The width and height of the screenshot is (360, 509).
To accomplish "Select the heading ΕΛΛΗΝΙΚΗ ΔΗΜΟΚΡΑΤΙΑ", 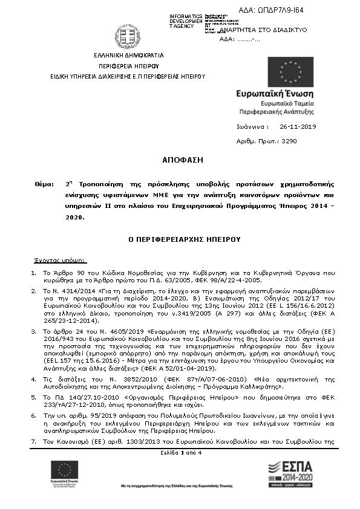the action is (x=128, y=55).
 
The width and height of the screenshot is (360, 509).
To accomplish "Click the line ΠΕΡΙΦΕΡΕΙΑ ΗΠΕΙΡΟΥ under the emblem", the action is (x=128, y=65).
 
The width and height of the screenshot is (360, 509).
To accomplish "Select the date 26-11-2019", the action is (x=298, y=127).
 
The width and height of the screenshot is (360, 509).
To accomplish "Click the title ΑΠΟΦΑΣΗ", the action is (x=180, y=160).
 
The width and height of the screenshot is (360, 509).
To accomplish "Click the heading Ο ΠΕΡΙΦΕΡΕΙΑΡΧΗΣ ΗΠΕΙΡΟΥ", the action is (x=180, y=239).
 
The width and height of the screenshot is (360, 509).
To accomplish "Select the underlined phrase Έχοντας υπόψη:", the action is (x=60, y=261).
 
